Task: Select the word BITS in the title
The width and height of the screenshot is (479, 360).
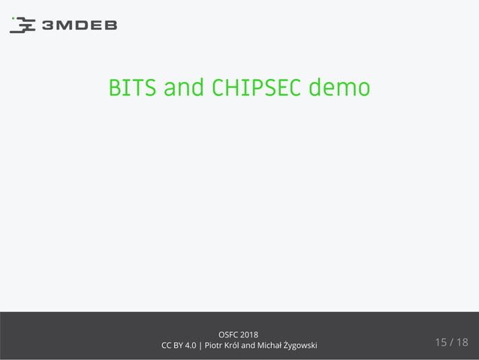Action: [133, 88]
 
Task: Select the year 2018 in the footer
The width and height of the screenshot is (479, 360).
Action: [250, 334]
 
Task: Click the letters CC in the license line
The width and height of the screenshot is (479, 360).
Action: [167, 345]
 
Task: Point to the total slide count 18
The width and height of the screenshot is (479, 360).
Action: [462, 343]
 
